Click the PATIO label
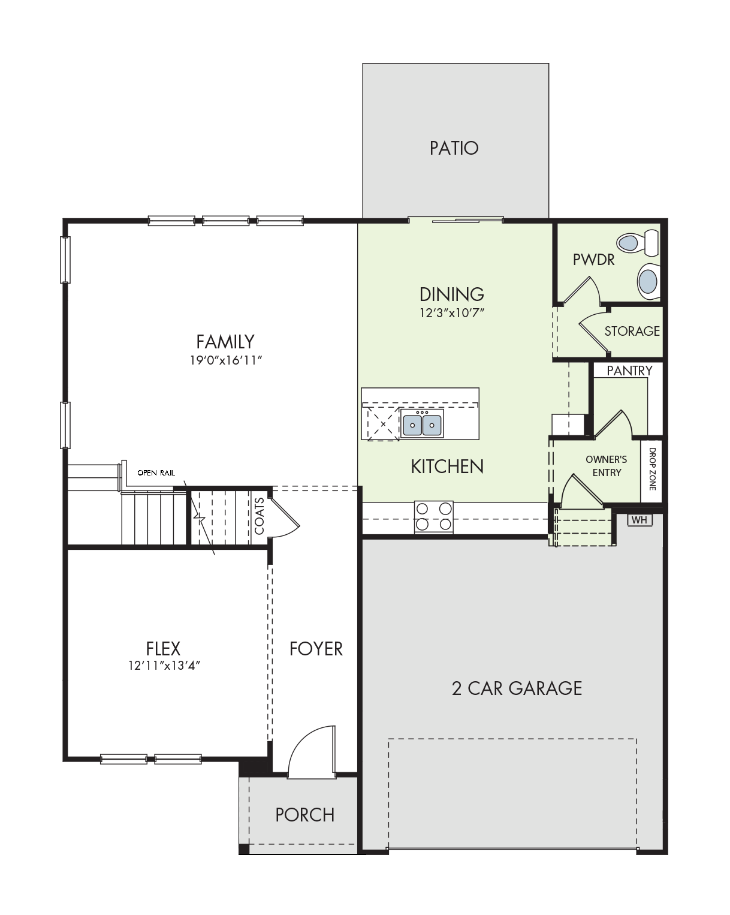tap(454, 148)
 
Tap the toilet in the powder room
tap(638, 243)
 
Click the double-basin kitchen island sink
tap(422, 423)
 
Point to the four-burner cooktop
tap(434, 517)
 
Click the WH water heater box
tap(639, 520)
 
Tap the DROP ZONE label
tap(652, 468)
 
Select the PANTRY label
tap(629, 371)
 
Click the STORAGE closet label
tap(632, 331)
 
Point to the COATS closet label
tap(259, 516)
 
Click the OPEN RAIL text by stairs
tap(156, 473)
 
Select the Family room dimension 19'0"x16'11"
tap(225, 360)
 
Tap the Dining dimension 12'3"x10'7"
tap(451, 313)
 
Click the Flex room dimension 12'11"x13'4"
tap(164, 665)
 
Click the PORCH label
tap(305, 815)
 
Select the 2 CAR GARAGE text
tap(517, 688)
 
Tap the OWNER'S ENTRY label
tap(607, 466)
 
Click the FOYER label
tap(316, 649)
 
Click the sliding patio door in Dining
tap(456, 220)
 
